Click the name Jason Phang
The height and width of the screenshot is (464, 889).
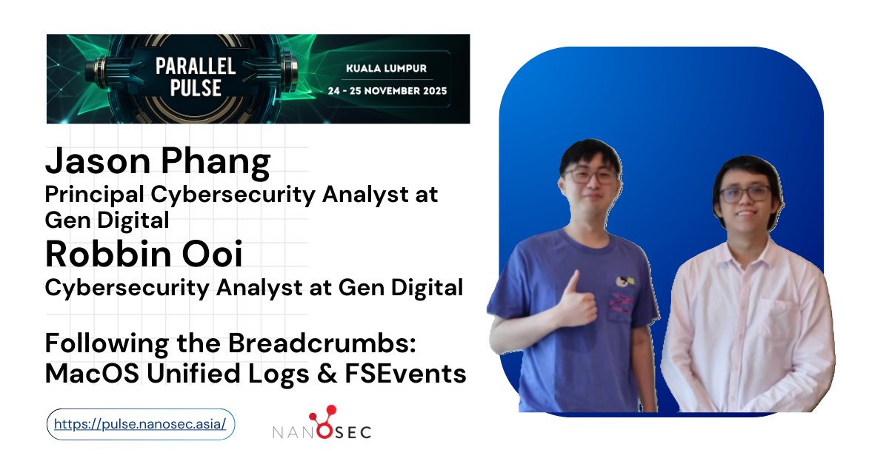[x=158, y=162]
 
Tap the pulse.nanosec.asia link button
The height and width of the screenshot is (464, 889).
[x=141, y=425]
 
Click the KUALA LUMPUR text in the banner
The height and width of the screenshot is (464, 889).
[x=386, y=69]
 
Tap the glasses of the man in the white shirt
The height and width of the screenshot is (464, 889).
[x=745, y=194]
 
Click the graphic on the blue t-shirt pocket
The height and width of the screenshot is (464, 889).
[x=624, y=292]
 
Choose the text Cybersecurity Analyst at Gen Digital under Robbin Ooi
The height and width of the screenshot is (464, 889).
[x=254, y=287]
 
